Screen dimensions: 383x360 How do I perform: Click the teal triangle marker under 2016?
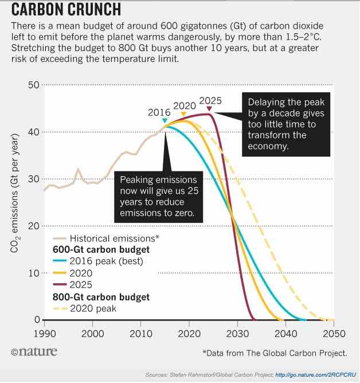click(x=165, y=120)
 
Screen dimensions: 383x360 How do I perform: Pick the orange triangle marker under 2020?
click(x=183, y=114)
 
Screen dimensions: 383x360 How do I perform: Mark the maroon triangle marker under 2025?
click(x=209, y=108)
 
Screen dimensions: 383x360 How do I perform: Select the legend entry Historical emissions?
click(x=114, y=238)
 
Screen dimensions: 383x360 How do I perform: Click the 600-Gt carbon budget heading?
click(x=101, y=250)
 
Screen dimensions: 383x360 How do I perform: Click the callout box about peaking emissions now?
click(x=158, y=196)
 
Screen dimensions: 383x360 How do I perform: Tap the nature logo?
click(x=34, y=351)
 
